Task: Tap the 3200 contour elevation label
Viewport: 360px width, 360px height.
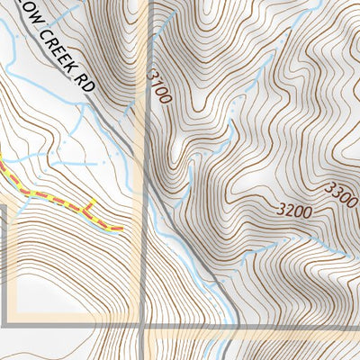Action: pos(294,213)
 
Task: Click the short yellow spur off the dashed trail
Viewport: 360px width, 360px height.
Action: pos(91,206)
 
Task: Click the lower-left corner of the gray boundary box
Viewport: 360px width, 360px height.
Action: pos(7,323)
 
